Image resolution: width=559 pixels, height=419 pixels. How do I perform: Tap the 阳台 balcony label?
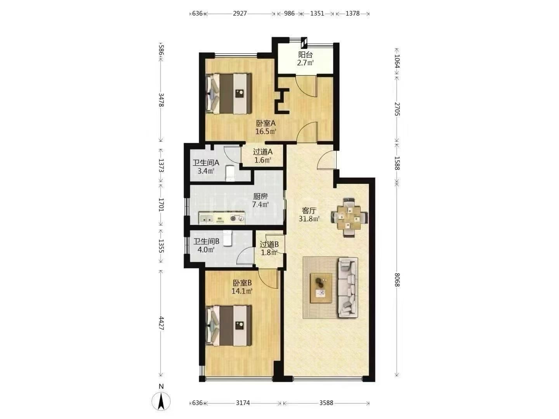306,55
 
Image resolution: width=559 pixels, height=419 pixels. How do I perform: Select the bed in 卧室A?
229,93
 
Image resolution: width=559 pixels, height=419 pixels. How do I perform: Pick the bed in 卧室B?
229,326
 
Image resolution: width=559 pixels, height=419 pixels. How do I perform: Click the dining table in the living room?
349,218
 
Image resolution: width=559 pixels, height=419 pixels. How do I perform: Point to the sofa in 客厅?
348,287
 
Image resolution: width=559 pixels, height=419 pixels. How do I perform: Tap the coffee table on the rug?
321,288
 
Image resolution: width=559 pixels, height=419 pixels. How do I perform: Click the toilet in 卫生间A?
230,173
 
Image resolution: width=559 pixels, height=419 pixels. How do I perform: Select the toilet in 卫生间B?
227,238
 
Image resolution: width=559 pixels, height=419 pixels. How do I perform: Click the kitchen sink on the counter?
207,218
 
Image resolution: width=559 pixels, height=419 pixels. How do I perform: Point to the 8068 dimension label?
397,280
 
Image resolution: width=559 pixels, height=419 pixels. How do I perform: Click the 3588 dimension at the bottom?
326,403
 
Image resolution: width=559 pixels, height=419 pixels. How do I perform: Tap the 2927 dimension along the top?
240,13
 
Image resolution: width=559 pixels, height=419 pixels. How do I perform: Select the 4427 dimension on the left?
161,323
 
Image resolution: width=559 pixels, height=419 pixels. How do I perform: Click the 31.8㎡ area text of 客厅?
309,219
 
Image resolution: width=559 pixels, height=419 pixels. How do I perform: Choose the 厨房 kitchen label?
260,196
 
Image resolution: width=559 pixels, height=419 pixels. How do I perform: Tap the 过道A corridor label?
263,152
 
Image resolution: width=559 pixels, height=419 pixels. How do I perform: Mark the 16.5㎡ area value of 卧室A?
266,132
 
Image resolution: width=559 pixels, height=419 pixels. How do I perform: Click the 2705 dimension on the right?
397,109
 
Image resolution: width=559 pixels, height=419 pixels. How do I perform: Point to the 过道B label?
269,244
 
